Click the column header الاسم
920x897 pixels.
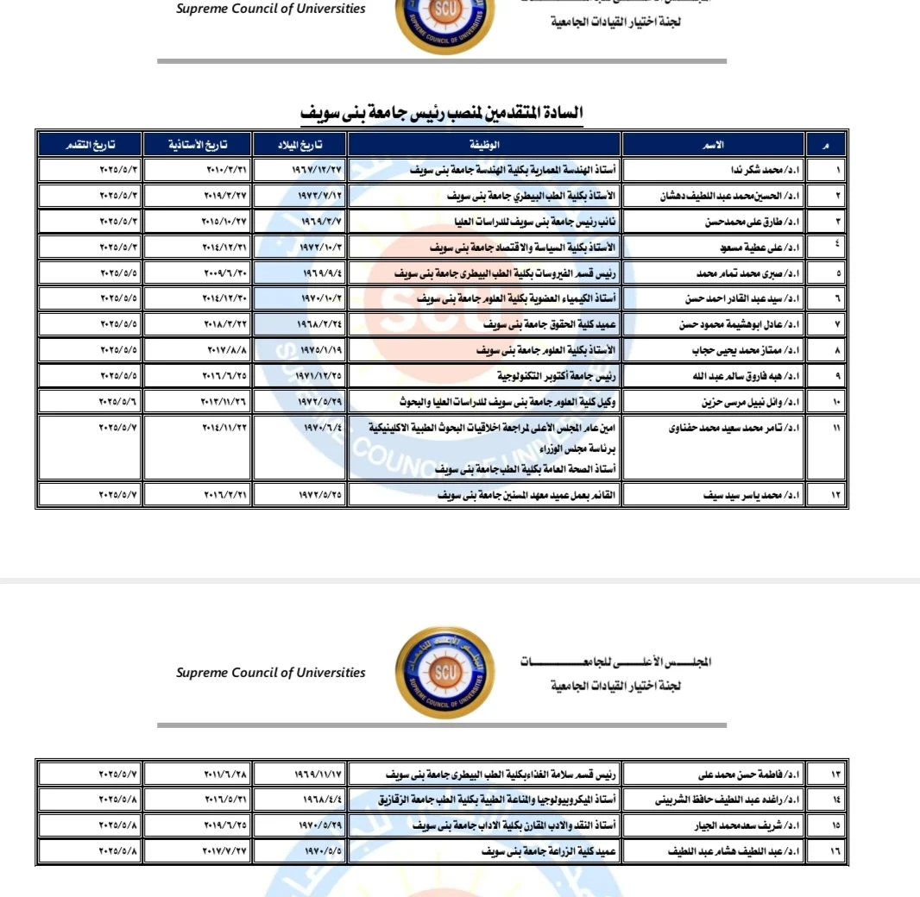pos(714,144)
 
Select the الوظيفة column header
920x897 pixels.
pos(484,144)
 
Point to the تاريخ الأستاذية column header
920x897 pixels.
pos(198,144)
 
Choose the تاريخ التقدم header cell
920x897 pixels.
pos(91,144)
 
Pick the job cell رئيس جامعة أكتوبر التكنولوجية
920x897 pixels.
pos(551,377)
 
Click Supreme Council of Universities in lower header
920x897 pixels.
pos(271,673)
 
